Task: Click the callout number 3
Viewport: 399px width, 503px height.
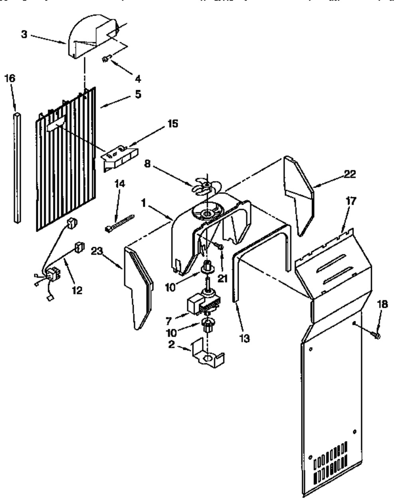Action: [24, 34]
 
